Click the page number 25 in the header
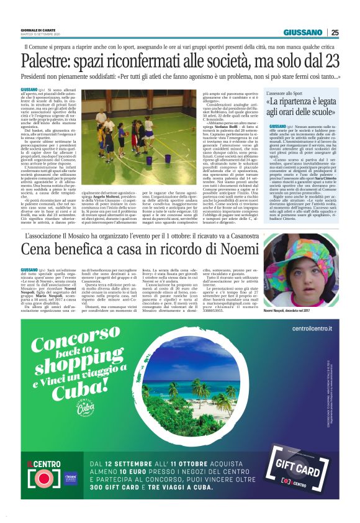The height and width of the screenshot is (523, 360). [335, 33]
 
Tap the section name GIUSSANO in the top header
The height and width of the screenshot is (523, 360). [303, 33]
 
